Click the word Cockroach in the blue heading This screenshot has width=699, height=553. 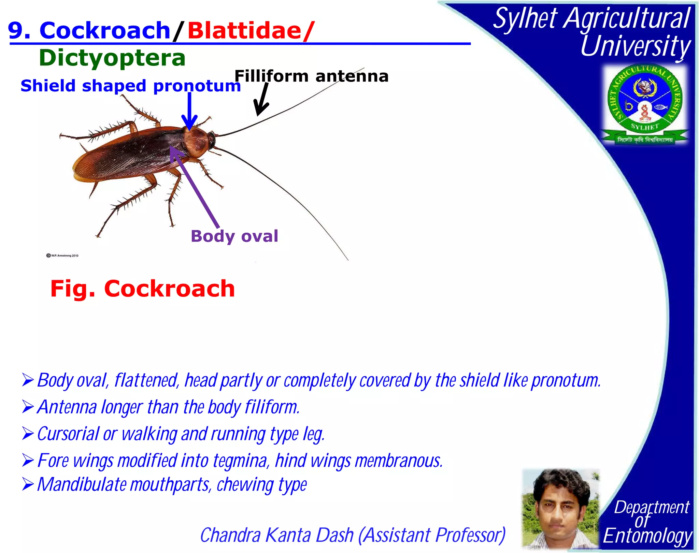coord(105,31)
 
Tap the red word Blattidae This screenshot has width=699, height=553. coord(244,31)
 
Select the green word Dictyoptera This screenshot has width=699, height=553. coord(112,58)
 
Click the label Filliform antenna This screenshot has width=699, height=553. coord(311,76)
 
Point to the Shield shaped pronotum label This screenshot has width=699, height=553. coord(130,86)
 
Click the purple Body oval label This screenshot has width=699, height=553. coord(234,236)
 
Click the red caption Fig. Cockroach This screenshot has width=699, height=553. coord(143,289)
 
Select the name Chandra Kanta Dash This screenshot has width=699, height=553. coord(276,535)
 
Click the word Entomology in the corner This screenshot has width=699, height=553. coord(647,536)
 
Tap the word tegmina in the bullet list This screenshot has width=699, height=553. coord(240,461)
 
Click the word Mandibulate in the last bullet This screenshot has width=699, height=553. coord(82,484)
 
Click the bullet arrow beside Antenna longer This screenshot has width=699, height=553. coord(28,407)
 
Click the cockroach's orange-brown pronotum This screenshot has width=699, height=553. coord(196,142)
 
